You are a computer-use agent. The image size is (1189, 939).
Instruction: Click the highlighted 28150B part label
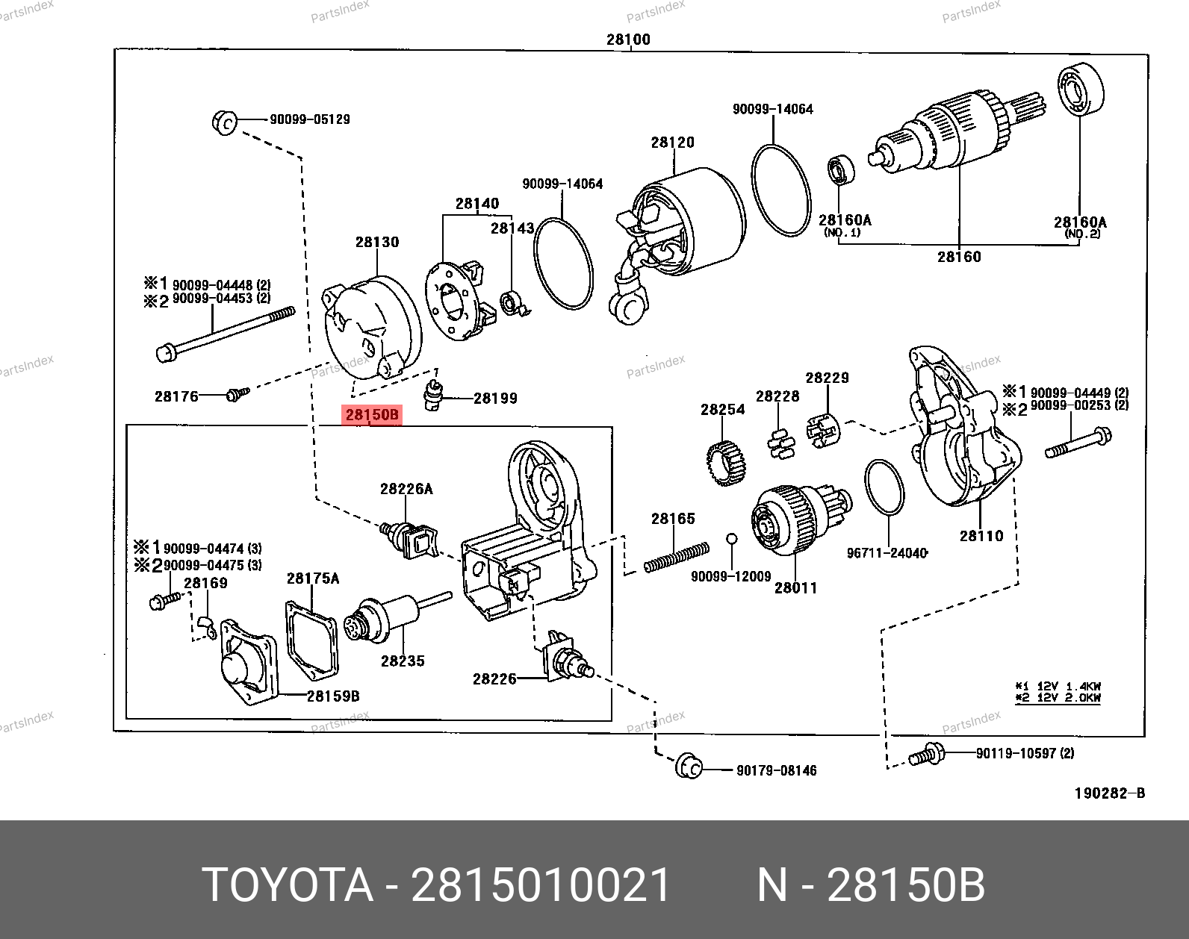[x=372, y=415]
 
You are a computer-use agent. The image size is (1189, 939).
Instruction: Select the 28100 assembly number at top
[x=628, y=40]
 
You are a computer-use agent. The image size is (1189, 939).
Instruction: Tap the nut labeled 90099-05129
[x=224, y=122]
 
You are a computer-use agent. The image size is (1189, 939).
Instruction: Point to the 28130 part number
[x=377, y=242]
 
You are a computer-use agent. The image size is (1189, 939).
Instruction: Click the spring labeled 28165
[x=677, y=558]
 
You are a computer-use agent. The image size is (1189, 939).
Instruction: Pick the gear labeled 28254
[x=727, y=463]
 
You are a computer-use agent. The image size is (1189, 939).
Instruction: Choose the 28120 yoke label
[x=672, y=143]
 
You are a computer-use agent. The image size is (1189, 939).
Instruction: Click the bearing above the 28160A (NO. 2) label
[x=1081, y=90]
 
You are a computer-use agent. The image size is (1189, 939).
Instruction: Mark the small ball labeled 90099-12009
[x=732, y=538]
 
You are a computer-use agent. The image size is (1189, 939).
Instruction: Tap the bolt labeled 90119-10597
[x=926, y=755]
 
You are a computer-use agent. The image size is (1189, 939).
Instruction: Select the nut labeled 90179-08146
[x=688, y=767]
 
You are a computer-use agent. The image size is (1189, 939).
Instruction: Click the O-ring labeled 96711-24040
[x=884, y=487]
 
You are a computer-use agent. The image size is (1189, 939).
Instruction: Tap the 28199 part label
[x=495, y=399]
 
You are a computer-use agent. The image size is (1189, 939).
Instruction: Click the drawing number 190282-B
[x=1109, y=793]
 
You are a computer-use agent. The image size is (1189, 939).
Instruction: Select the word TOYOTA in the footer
[x=288, y=886]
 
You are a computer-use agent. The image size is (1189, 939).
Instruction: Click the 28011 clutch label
[x=795, y=588]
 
